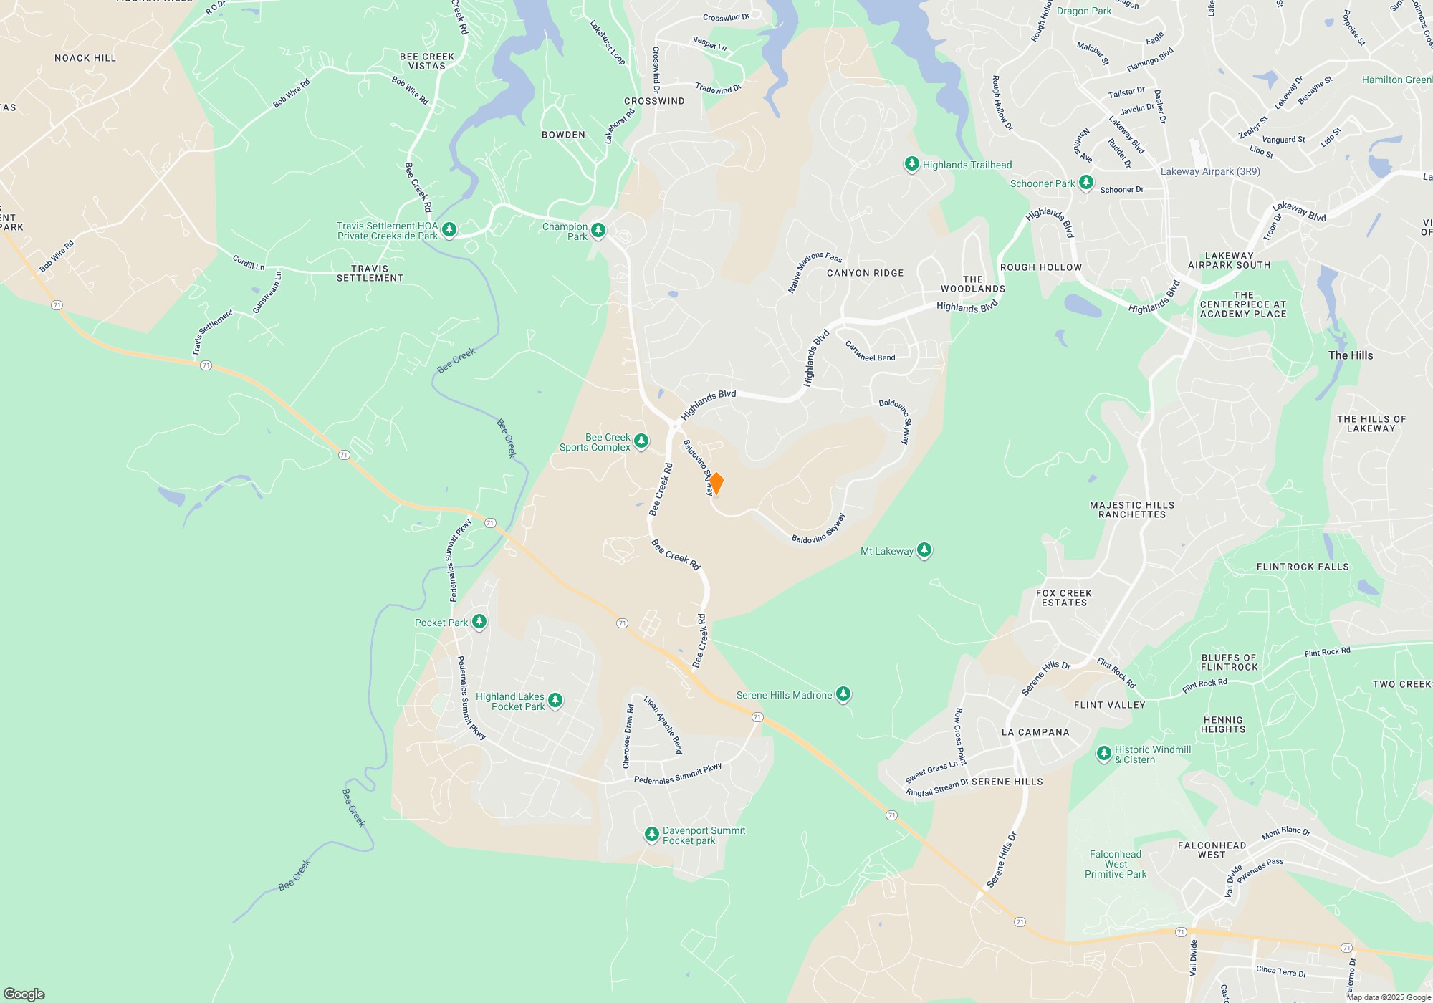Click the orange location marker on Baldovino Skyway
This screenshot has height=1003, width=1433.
[x=715, y=484]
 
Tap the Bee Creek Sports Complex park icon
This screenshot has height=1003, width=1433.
[x=641, y=441]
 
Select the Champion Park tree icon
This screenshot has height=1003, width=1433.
[x=598, y=230]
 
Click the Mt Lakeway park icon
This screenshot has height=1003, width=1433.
[x=924, y=550]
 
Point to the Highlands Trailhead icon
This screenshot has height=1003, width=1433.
[x=911, y=164]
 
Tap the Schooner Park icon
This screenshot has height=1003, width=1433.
[x=1086, y=183]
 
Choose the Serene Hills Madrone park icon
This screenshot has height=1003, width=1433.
[x=843, y=694]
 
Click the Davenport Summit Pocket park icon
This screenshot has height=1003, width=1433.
[x=651, y=834]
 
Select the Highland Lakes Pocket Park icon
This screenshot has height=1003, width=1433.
[x=555, y=700]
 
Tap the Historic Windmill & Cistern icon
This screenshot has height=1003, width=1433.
[x=1104, y=753]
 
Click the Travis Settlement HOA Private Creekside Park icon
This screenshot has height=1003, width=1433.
[x=449, y=229]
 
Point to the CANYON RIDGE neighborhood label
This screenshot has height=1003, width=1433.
[x=865, y=273]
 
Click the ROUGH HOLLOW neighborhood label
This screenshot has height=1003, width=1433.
[x=1040, y=267]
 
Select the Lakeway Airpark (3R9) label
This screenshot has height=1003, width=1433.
[x=1209, y=172]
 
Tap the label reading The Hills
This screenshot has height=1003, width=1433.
[x=1350, y=355]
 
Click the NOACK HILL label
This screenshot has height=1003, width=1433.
[x=85, y=58]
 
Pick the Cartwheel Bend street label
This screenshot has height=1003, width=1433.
[x=870, y=351]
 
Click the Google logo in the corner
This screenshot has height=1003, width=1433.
[x=24, y=994]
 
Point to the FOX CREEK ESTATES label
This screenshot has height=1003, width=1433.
[x=1064, y=598]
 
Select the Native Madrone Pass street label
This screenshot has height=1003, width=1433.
[x=814, y=272]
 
